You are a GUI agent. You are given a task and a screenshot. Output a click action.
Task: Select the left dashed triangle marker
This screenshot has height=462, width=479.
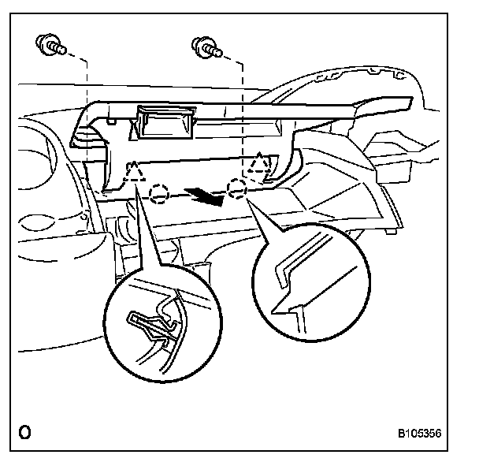[135, 173]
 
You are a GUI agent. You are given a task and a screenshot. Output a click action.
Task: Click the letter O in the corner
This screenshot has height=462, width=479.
[25, 433]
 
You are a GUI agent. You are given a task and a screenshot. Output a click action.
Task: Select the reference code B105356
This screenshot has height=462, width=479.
[419, 434]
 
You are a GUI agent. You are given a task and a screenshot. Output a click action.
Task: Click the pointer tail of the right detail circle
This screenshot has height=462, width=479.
[264, 221]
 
